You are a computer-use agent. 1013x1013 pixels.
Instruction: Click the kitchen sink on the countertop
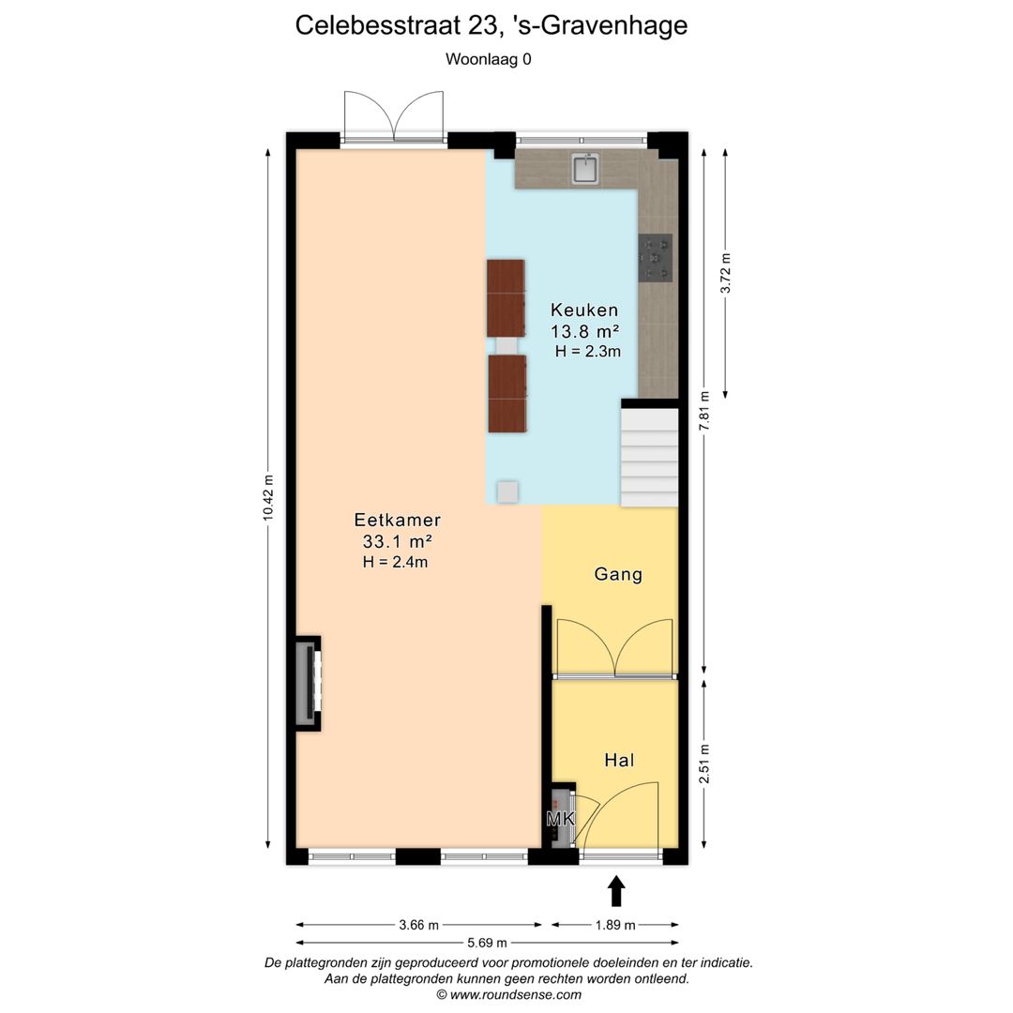586,169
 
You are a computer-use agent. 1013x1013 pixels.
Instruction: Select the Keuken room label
584,310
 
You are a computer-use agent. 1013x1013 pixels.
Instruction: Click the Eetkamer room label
397,520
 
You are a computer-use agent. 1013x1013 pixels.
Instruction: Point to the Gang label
618,574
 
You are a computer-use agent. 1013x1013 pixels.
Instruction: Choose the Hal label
619,760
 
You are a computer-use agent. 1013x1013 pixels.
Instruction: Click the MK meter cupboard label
560,820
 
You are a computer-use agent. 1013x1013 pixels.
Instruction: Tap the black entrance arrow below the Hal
616,891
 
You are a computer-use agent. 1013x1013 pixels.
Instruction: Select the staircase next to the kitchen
649,456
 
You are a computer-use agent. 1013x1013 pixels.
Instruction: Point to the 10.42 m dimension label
268,497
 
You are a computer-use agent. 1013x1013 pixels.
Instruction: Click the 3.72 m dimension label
725,273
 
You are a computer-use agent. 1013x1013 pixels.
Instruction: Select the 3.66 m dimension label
418,925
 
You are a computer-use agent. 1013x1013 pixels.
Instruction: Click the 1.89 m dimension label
615,925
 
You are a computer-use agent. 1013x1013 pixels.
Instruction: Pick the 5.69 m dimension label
487,943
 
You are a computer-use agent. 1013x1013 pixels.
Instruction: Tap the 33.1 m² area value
397,541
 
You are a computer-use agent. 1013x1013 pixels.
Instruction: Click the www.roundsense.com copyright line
508,994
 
